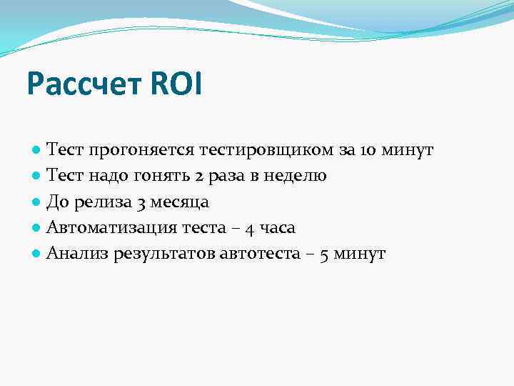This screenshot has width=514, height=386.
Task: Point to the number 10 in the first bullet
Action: [369, 151]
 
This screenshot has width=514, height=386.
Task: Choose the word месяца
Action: [181, 203]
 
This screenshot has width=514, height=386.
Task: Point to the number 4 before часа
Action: [250, 229]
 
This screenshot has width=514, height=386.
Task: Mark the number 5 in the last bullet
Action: [326, 254]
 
